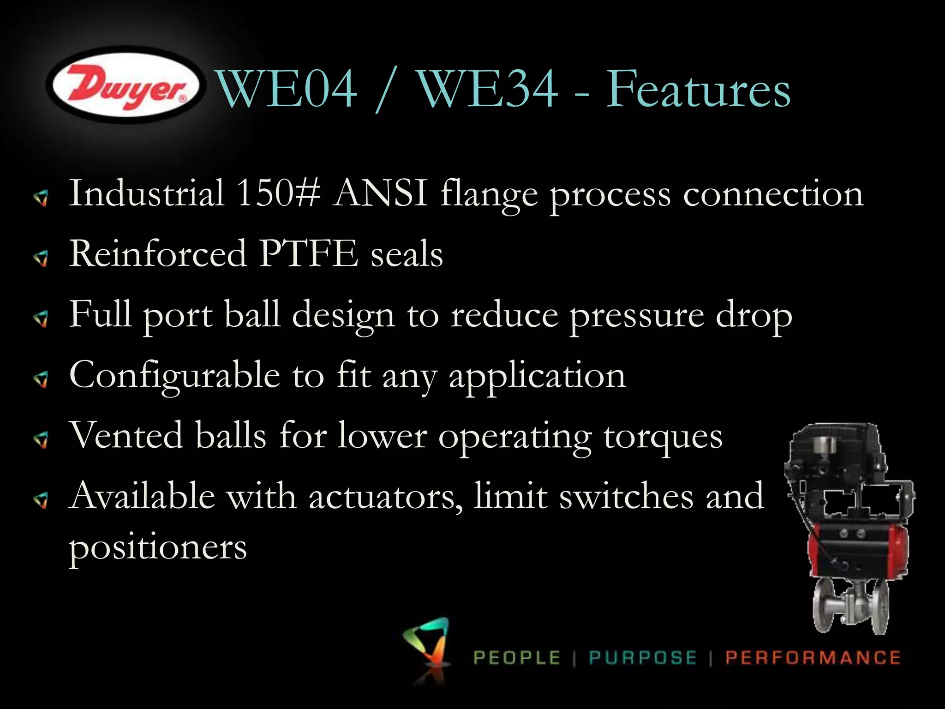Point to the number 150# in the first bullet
pos(278,193)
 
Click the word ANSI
pos(381,193)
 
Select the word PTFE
pos(308,253)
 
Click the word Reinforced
pos(158,253)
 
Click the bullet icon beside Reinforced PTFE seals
pos(42,258)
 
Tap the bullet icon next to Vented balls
pos(42,440)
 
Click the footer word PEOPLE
pos(517,658)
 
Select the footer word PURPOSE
pos(643,658)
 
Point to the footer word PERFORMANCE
pos(813,658)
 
